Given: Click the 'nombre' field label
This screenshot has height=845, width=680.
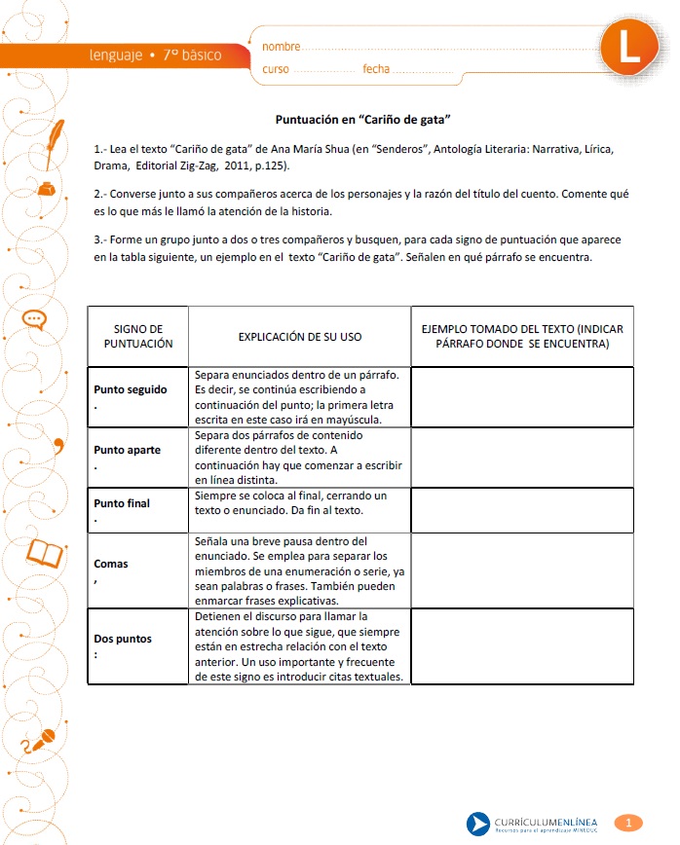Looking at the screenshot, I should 282,46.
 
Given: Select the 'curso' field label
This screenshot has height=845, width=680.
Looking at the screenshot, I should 276,69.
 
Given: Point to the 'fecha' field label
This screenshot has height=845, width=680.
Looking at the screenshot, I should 376,69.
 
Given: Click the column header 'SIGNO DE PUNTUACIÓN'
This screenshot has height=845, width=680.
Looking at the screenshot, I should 137,336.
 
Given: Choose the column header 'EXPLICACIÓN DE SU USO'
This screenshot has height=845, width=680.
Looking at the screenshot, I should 299,337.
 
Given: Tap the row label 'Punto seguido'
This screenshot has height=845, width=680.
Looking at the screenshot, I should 131,389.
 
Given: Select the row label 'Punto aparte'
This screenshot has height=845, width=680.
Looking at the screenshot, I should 128,450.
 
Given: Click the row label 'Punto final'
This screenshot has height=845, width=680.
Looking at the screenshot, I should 122,503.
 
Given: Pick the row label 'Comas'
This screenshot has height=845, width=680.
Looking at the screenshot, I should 111,564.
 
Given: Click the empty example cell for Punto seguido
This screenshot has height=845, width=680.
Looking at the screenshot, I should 522,396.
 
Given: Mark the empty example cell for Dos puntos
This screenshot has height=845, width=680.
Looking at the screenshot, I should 522,645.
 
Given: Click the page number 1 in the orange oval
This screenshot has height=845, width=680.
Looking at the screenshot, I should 628,823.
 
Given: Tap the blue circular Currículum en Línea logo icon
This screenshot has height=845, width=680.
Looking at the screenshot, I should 477,824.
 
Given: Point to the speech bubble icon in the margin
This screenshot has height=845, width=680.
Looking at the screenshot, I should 34,318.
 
